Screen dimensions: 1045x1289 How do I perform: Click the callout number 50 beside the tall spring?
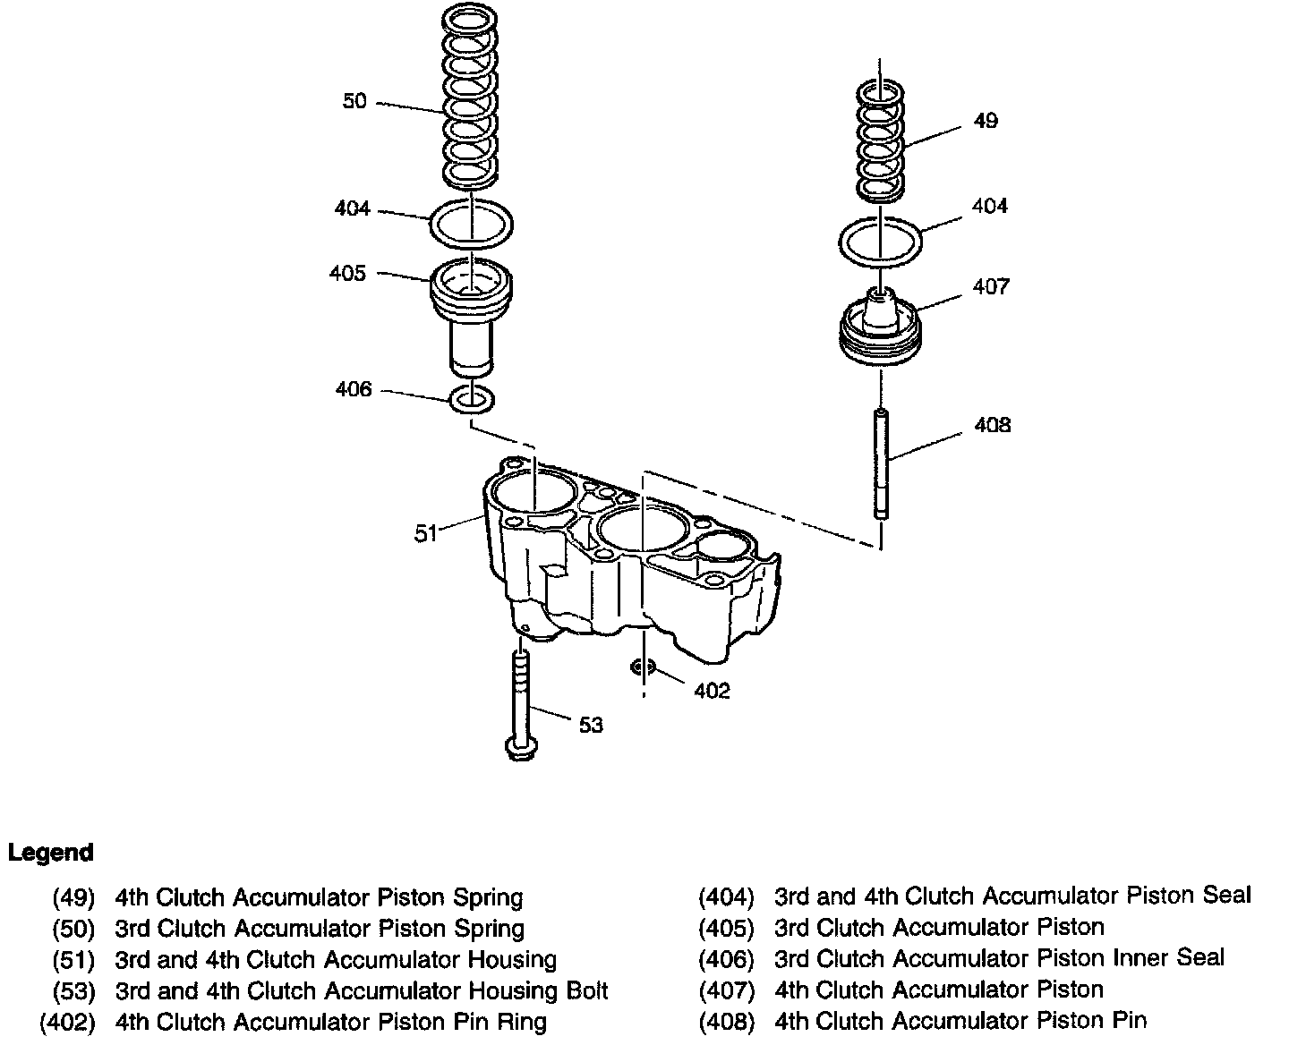click(x=354, y=101)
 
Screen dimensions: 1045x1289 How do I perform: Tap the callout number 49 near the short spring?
click(x=985, y=121)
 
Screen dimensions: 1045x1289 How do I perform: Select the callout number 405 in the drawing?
click(x=347, y=273)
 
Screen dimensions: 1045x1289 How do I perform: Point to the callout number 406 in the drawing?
click(x=354, y=389)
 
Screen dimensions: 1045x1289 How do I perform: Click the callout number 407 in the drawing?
click(x=991, y=286)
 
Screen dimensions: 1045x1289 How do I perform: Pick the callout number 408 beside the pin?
click(x=992, y=425)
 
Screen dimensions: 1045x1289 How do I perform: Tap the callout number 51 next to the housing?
click(x=425, y=534)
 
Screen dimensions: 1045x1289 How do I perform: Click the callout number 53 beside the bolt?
click(x=591, y=725)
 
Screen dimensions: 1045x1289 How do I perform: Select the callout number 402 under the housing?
click(x=712, y=691)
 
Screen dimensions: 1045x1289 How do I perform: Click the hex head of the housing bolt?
click(x=519, y=747)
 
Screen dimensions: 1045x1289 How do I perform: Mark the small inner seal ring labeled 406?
click(x=472, y=399)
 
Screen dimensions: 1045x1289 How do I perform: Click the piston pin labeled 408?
click(x=883, y=463)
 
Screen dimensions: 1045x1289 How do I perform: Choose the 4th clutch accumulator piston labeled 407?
click(x=882, y=332)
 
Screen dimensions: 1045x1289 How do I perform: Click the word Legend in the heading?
click(x=50, y=853)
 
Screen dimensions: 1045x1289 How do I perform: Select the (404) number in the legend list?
click(x=726, y=896)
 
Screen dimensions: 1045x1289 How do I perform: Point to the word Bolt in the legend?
click(x=584, y=991)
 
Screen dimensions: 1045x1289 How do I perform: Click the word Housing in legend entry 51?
click(x=512, y=960)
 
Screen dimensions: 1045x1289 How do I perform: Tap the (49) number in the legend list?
click(x=73, y=897)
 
